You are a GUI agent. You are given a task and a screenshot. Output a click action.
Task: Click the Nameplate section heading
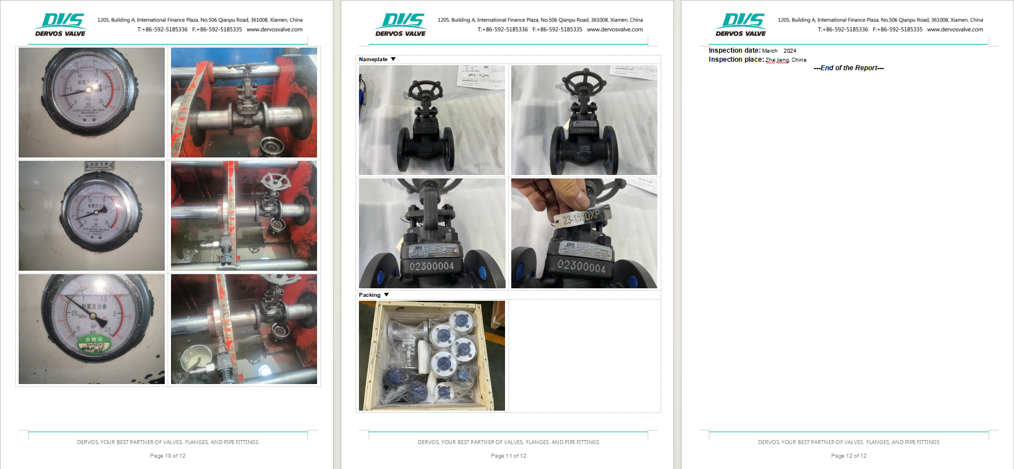373,59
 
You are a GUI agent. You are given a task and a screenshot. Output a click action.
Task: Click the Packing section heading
370,295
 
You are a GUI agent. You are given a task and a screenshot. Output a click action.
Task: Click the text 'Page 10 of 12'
168,456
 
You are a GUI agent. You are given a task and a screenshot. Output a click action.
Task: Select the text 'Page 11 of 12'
508,456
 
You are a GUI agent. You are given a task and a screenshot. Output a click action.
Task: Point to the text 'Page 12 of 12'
849,456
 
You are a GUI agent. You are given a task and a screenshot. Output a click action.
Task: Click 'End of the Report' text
849,68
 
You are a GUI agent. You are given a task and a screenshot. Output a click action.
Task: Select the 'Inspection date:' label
734,50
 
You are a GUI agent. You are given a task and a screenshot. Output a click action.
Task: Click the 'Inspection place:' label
736,59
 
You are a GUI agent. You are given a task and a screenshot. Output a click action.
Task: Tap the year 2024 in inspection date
790,51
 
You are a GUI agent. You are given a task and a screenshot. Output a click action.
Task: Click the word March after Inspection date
769,51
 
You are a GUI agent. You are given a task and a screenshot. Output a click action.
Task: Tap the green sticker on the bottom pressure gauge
94,342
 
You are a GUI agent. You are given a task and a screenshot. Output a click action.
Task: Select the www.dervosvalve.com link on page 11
615,29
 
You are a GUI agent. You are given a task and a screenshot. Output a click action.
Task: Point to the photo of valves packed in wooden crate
432,356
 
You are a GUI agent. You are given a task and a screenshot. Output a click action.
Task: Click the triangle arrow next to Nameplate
393,59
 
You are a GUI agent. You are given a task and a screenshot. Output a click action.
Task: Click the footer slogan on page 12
849,442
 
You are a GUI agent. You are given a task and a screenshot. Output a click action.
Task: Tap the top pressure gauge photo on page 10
92,103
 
